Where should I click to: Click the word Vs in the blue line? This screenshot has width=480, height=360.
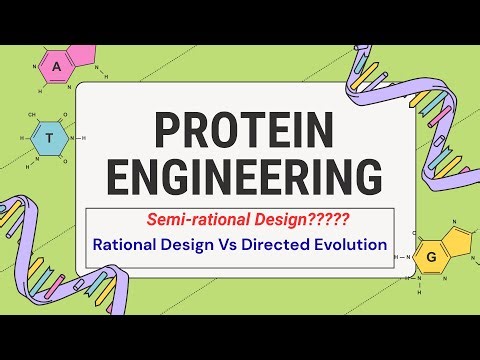(246, 243)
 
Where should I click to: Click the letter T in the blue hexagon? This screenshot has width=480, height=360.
(46, 139)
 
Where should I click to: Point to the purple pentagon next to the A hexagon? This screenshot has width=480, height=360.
(84, 57)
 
